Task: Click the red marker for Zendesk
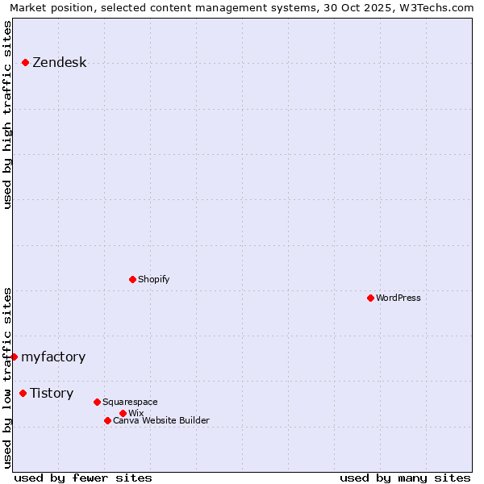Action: tap(25, 62)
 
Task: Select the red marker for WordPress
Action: tap(370, 298)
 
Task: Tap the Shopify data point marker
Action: tap(132, 279)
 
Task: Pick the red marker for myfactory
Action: tap(14, 357)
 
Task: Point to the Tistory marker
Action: tap(23, 393)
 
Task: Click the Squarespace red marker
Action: tap(97, 402)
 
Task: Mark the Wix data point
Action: tap(123, 413)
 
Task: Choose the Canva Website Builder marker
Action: tap(107, 420)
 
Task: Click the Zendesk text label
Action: tap(59, 63)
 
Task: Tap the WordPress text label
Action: tap(398, 298)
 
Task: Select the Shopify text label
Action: tap(153, 279)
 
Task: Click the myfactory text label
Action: tap(53, 357)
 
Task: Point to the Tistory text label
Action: tap(52, 393)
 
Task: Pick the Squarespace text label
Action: tap(130, 402)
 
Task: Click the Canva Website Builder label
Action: tap(161, 420)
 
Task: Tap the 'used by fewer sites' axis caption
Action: tap(83, 478)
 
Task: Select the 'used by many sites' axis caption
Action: tap(405, 478)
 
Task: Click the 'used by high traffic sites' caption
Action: tap(8, 115)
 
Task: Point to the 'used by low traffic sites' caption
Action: tap(8, 378)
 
